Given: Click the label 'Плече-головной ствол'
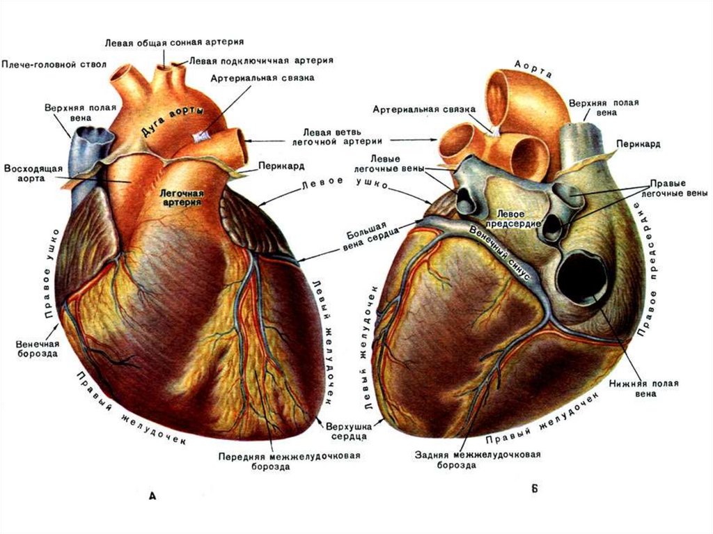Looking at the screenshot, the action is [x=54, y=64].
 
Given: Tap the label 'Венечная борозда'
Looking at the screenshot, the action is [x=36, y=348].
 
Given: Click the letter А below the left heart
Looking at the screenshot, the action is [x=152, y=496].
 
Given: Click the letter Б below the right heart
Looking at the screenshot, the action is [x=534, y=489].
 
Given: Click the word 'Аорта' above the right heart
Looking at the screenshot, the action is [x=533, y=68].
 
